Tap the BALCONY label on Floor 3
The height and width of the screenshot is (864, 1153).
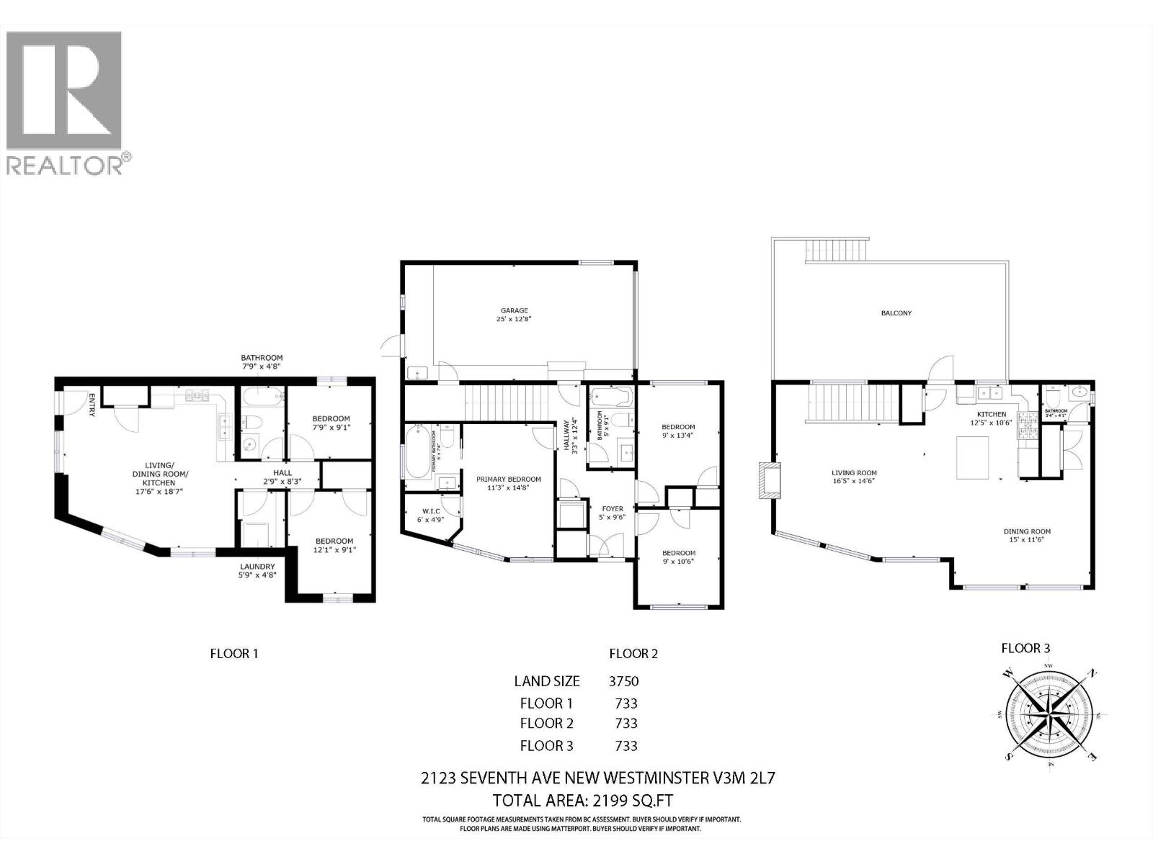pyautogui.click(x=896, y=313)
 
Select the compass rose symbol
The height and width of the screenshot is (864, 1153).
pyautogui.click(x=1049, y=716)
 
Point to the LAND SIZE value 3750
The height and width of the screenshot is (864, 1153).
pyautogui.click(x=624, y=681)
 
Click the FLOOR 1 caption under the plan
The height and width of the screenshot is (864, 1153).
pyautogui.click(x=233, y=654)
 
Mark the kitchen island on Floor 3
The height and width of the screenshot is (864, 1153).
pyautogui.click(x=974, y=458)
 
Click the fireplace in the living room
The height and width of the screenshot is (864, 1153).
pyautogui.click(x=770, y=481)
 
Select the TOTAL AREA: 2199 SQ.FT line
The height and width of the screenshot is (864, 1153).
pyautogui.click(x=582, y=801)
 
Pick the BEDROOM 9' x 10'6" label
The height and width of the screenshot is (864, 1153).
pyautogui.click(x=678, y=557)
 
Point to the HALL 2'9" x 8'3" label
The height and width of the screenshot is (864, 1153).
pyautogui.click(x=282, y=477)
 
